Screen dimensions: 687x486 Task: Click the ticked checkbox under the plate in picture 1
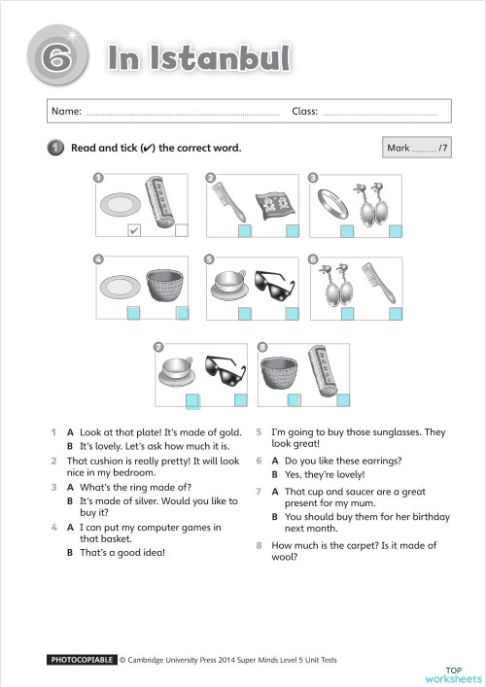point(134,230)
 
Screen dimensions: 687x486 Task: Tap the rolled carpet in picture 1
point(158,202)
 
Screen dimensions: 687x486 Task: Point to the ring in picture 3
point(331,204)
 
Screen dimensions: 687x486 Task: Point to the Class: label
point(305,112)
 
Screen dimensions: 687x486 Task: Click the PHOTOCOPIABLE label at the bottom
point(82,660)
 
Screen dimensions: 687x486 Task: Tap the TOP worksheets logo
point(452,673)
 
